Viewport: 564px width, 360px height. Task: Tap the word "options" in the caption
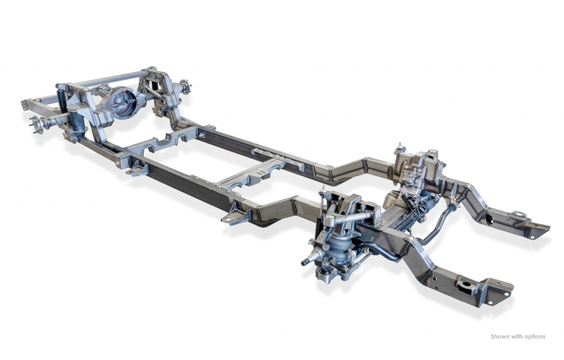coord(535,337)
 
